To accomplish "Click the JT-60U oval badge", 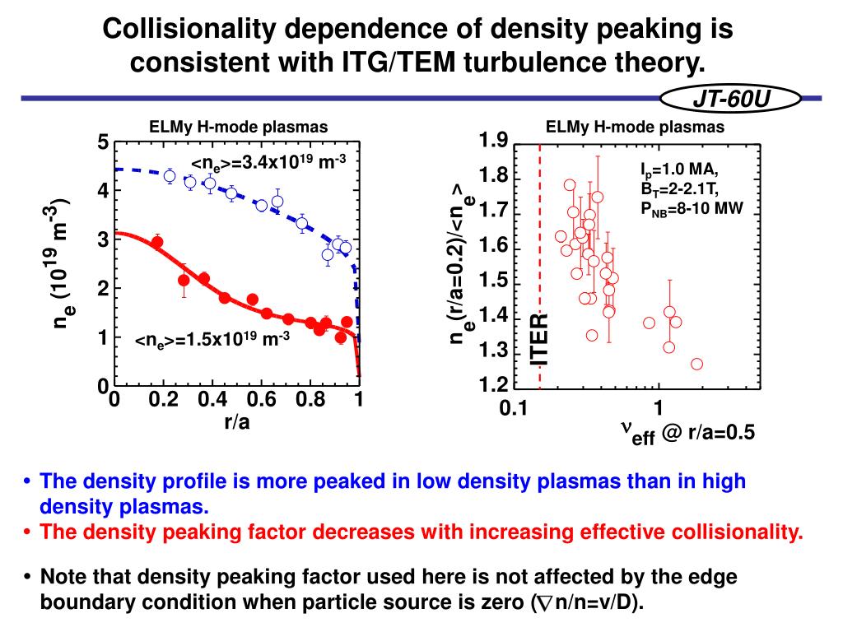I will (731, 100).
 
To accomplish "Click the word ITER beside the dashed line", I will (539, 339).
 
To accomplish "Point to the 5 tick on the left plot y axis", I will (103, 142).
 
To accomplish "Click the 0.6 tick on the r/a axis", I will (261, 401).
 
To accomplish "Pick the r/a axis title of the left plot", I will (236, 423).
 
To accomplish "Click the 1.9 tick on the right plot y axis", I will (493, 142).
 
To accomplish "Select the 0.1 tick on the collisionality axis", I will (512, 408).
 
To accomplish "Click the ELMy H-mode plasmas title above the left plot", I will (238, 127).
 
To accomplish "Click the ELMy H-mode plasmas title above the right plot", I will (635, 127).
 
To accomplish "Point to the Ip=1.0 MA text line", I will (679, 171).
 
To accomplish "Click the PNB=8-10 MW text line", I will (692, 208).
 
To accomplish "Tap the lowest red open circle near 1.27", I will (696, 364).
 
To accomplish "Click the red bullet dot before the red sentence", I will (29, 532).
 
